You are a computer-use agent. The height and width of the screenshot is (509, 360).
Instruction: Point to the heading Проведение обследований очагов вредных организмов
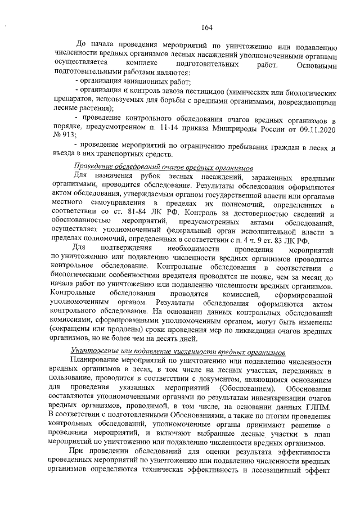coord(164,168)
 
